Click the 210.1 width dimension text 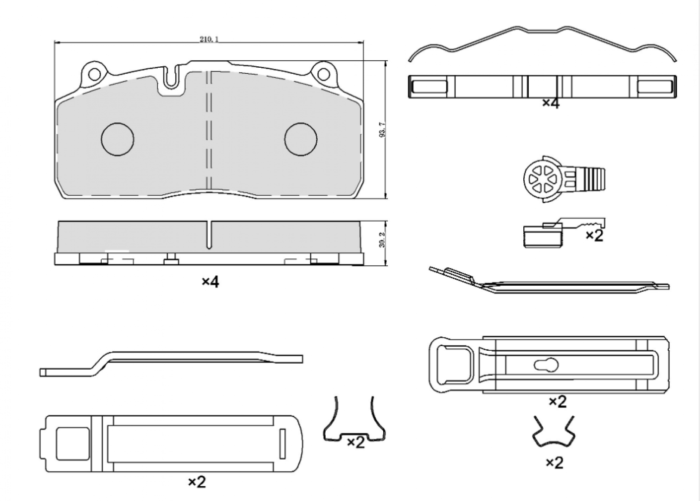point(209,39)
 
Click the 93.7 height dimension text point(382,130)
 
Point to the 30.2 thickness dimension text point(382,240)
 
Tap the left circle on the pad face point(117,139)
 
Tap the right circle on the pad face point(301,139)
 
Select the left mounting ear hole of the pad point(94,74)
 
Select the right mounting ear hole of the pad point(323,74)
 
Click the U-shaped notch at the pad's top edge point(171,77)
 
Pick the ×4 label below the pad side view point(210,282)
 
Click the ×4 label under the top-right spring point(551,103)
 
